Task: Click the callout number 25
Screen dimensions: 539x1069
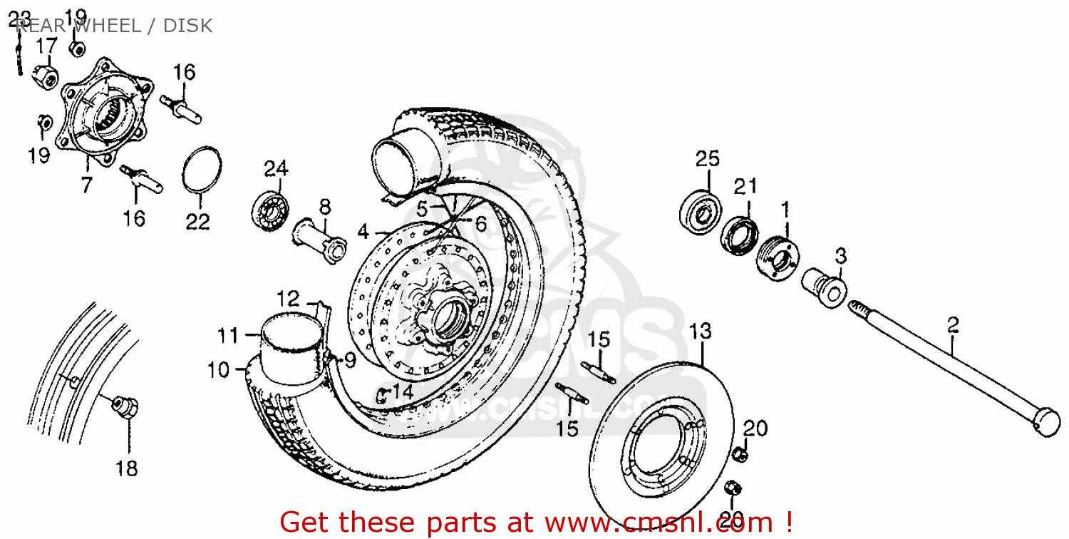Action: click(708, 158)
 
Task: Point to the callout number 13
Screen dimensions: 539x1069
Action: click(701, 332)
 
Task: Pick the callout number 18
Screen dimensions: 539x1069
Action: click(129, 468)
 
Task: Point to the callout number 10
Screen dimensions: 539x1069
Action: click(219, 370)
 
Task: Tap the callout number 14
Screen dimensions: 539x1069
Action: click(403, 391)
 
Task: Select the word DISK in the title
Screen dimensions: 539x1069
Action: click(187, 26)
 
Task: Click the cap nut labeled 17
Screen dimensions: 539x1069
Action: click(46, 75)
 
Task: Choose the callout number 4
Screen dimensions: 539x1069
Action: click(363, 232)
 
